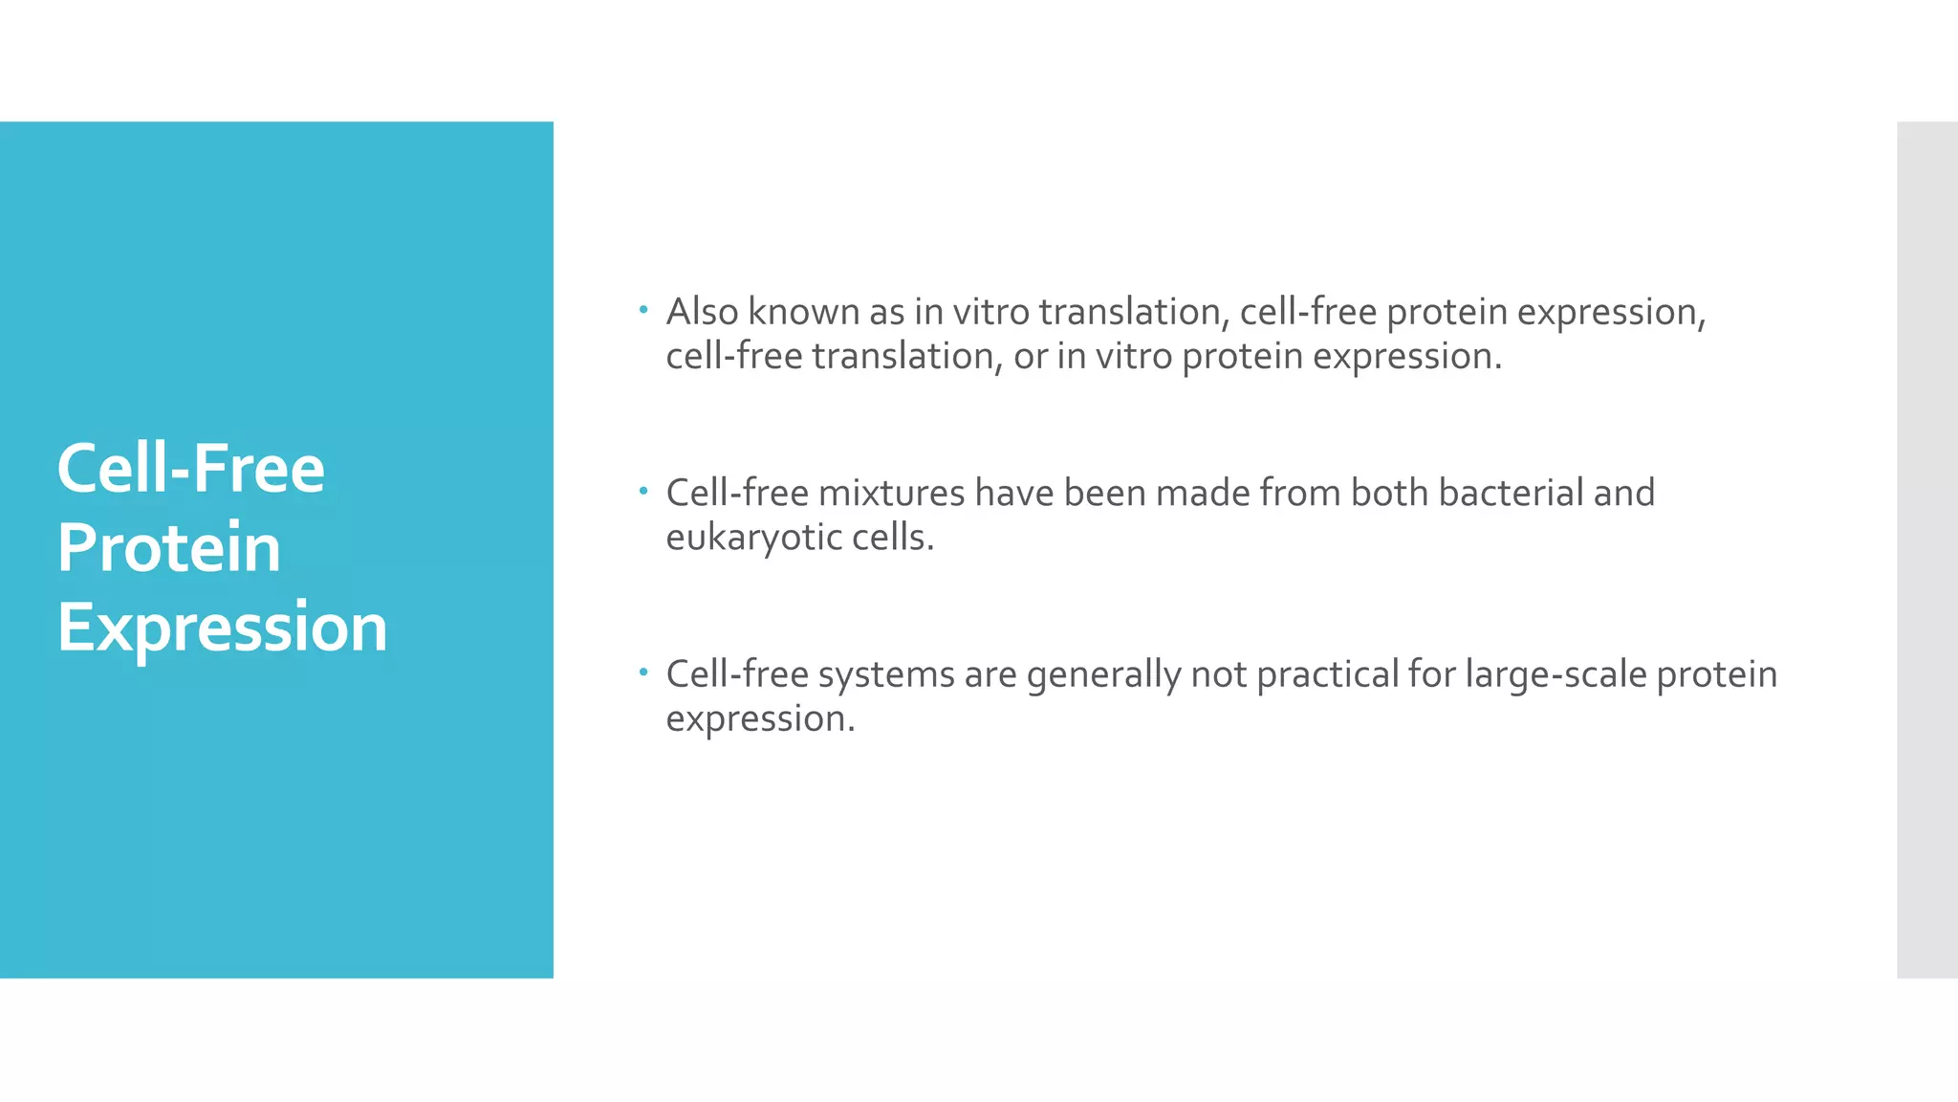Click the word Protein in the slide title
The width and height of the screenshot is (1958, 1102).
coord(168,548)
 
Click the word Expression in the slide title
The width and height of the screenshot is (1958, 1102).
coord(222,628)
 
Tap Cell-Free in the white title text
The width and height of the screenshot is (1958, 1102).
coord(190,469)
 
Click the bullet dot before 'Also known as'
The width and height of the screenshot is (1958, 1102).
coord(644,310)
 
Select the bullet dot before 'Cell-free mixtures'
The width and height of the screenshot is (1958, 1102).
coord(644,492)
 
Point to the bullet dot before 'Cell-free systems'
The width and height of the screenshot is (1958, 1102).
coord(644,672)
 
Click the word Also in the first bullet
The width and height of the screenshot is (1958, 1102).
coord(702,312)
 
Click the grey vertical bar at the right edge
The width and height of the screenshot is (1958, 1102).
coord(1926,549)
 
